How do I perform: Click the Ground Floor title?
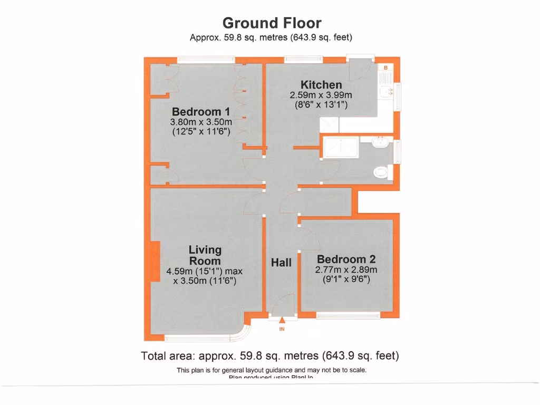click(272, 23)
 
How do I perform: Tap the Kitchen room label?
click(321, 85)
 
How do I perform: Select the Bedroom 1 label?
click(201, 112)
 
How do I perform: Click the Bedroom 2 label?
click(346, 259)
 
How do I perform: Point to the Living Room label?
click(205, 255)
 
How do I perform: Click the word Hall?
click(281, 262)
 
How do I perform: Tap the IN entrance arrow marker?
click(282, 320)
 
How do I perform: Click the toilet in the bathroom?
click(381, 171)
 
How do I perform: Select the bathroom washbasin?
click(380, 142)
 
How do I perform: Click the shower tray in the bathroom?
click(341, 147)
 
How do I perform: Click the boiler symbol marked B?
click(385, 68)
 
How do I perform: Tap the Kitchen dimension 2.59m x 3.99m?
click(321, 95)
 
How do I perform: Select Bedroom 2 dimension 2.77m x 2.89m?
click(346, 269)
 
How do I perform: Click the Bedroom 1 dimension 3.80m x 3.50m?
click(201, 122)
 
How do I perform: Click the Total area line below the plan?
click(270, 355)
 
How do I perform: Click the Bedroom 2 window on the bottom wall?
click(348, 316)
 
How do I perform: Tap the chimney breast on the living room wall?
click(155, 262)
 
